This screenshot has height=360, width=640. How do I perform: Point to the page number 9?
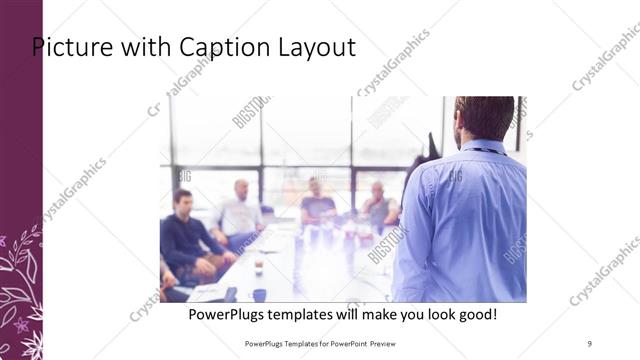589,343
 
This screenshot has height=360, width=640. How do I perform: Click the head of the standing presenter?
484,117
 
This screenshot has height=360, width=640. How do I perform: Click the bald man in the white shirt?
240,212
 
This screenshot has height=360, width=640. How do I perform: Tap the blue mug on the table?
259,294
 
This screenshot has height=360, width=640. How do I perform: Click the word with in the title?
130,47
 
